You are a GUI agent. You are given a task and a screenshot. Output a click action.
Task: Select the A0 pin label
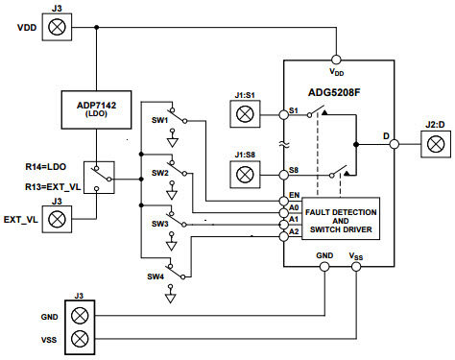click(294, 206)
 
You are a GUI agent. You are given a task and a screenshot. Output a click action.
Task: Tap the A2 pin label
click(294, 230)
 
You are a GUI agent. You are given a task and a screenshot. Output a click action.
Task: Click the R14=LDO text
click(44, 167)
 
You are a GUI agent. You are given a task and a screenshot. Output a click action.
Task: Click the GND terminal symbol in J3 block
click(82, 315)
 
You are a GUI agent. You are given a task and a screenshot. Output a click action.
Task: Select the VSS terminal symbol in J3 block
click(82, 339)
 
